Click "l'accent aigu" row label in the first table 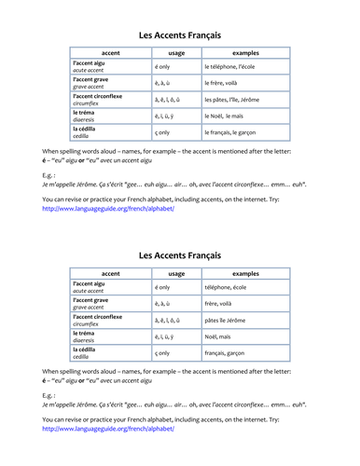pos(93,62)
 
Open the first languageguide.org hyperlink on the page pos(107,209)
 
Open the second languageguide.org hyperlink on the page pos(107,429)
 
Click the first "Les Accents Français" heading pos(180,34)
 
